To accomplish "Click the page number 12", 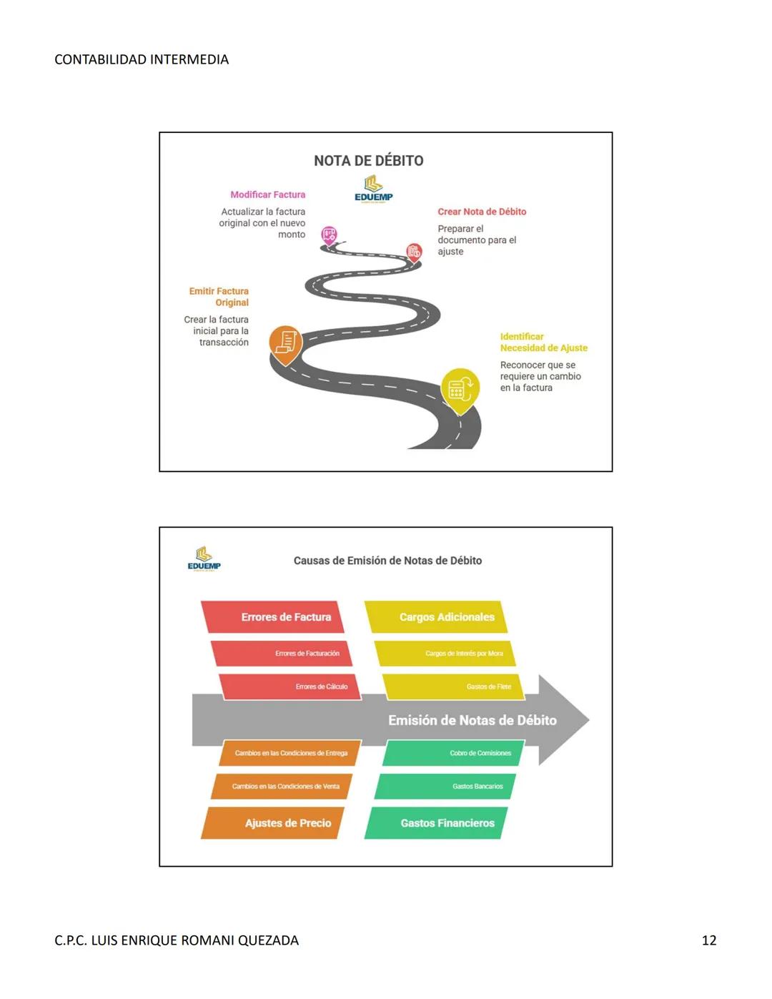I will coord(708,940).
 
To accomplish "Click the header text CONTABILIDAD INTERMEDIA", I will coord(142,59).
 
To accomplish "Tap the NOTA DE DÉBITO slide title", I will coord(369,161).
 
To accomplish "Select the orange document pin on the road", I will coord(285,343).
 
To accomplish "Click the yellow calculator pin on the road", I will coord(460,388).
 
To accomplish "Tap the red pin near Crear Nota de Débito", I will coord(414,251).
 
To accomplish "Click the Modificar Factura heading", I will coord(267,195).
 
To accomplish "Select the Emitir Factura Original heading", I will coord(219,297).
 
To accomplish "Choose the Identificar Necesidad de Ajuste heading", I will coord(543,343).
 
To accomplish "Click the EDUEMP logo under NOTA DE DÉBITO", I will coord(373,190).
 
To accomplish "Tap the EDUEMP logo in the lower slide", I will coord(204,558).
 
